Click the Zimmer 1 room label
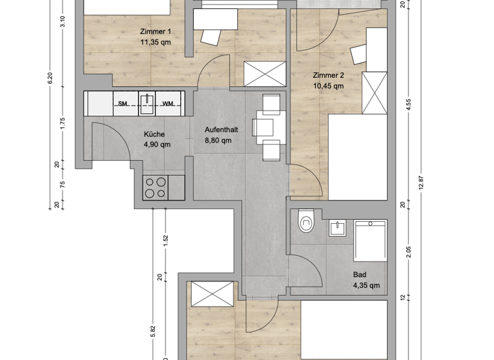click(x=156, y=32)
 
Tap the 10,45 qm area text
click(x=328, y=85)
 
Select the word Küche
click(x=154, y=134)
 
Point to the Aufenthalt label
click(x=221, y=129)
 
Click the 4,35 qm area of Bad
click(x=366, y=285)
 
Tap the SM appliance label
click(x=122, y=104)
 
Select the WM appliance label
click(x=167, y=104)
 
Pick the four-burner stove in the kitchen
click(x=154, y=187)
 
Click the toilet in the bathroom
click(x=306, y=222)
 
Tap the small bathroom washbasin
click(x=336, y=228)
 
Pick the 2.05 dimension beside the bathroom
click(x=408, y=252)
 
